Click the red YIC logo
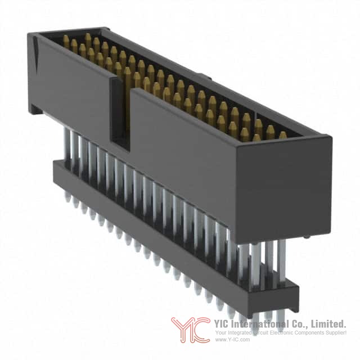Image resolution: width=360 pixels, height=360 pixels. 191,330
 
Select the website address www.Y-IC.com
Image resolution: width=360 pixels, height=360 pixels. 232,340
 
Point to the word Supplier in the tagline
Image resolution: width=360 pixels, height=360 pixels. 336,332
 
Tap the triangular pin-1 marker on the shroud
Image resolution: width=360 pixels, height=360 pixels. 35,52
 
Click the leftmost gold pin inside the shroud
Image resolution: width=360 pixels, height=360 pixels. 66,42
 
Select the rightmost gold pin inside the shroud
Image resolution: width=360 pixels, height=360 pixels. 283,135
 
